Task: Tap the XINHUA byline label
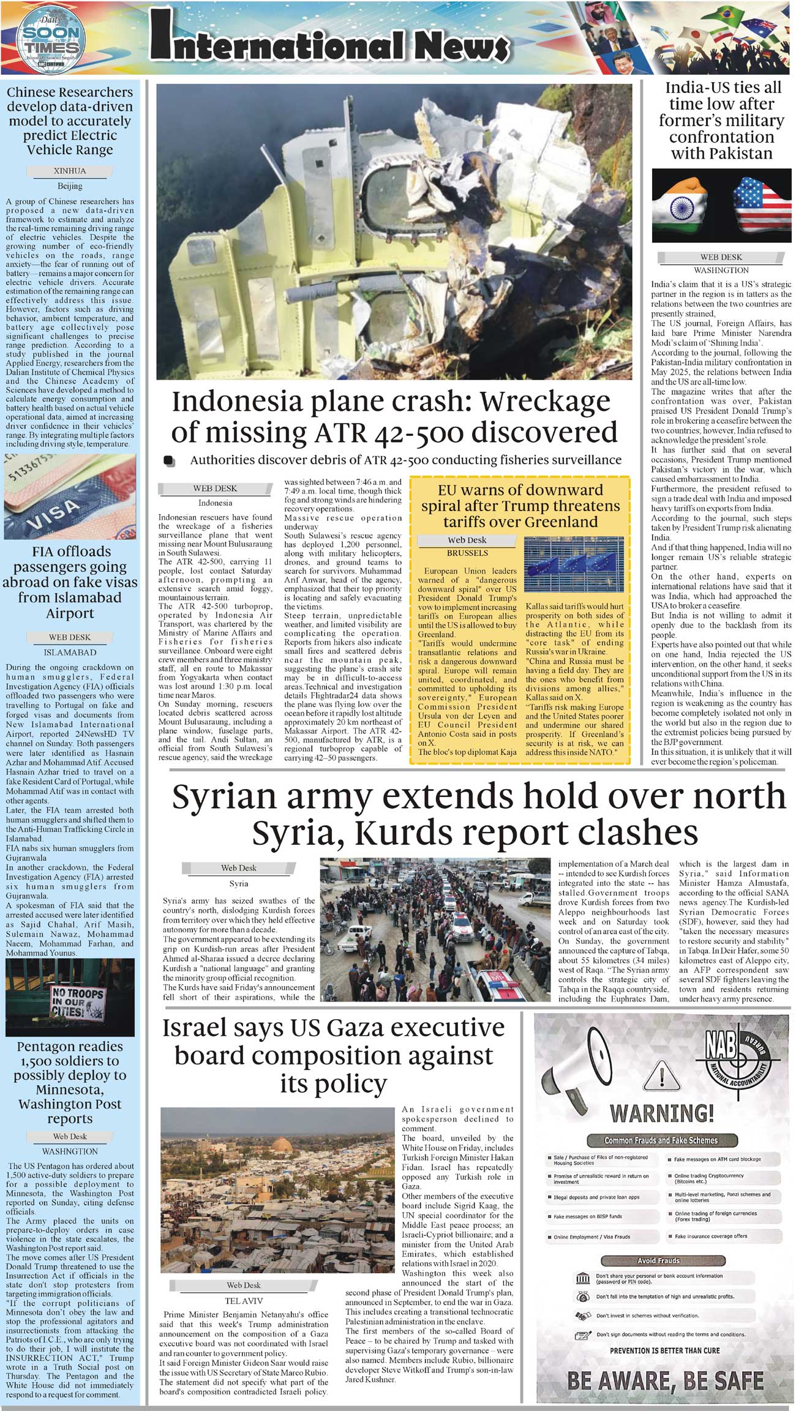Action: pyautogui.click(x=70, y=171)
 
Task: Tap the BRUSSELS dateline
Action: pyautogui.click(x=467, y=553)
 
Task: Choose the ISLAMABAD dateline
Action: pyautogui.click(x=70, y=653)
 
